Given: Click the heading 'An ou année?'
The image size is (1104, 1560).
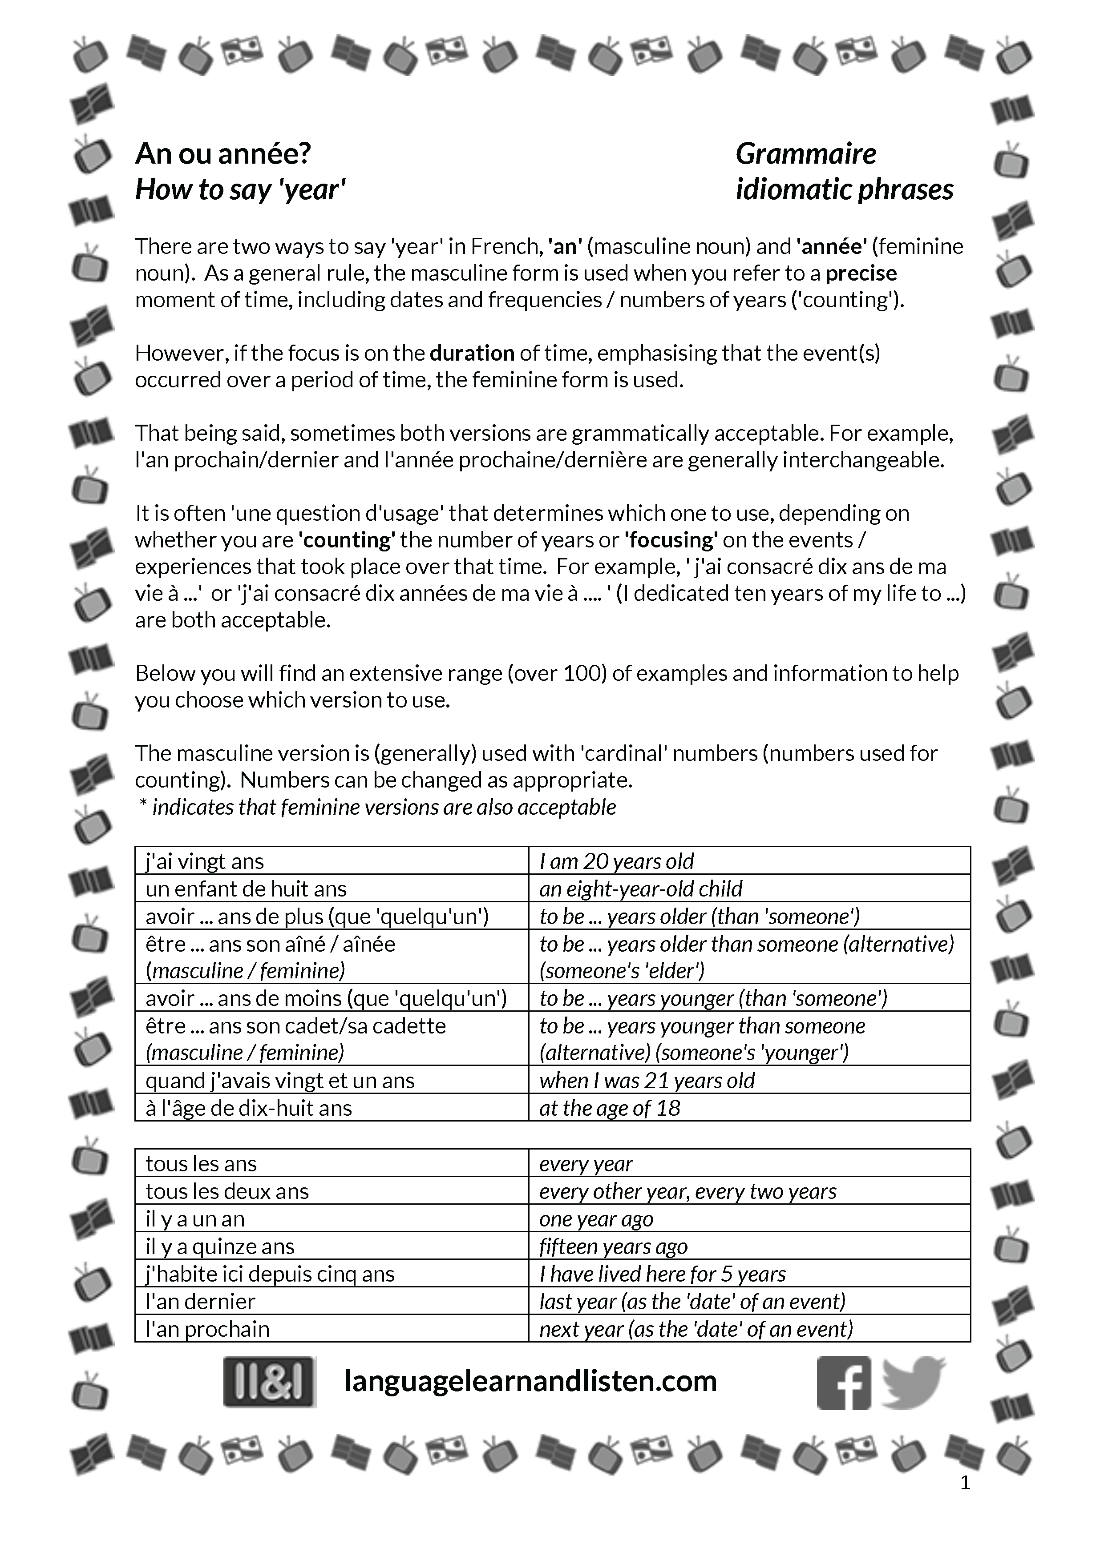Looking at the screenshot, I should pyautogui.click(x=223, y=154).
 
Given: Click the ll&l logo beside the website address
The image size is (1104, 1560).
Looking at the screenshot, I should pyautogui.click(x=269, y=1382).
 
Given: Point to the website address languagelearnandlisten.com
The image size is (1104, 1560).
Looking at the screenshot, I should pyautogui.click(x=530, y=1381).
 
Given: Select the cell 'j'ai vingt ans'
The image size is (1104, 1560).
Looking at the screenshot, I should pyautogui.click(x=205, y=861).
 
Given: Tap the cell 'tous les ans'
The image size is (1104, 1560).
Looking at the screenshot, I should pyautogui.click(x=201, y=1163).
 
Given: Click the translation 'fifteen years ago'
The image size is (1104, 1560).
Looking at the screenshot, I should pyautogui.click(x=613, y=1246).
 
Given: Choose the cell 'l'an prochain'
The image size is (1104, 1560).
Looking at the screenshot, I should pyautogui.click(x=207, y=1328).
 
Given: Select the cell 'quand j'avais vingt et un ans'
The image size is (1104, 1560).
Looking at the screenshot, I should pyautogui.click(x=279, y=1080).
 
